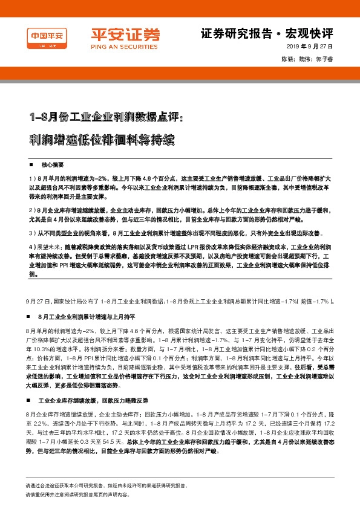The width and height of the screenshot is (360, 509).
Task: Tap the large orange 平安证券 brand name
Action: pos(117,34)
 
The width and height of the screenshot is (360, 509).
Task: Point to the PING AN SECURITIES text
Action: pos(117,45)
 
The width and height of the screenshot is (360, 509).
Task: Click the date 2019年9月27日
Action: pos(310,47)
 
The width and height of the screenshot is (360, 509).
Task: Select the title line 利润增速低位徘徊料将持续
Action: pos(102,140)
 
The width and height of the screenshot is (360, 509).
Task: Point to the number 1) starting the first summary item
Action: pos(31,180)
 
